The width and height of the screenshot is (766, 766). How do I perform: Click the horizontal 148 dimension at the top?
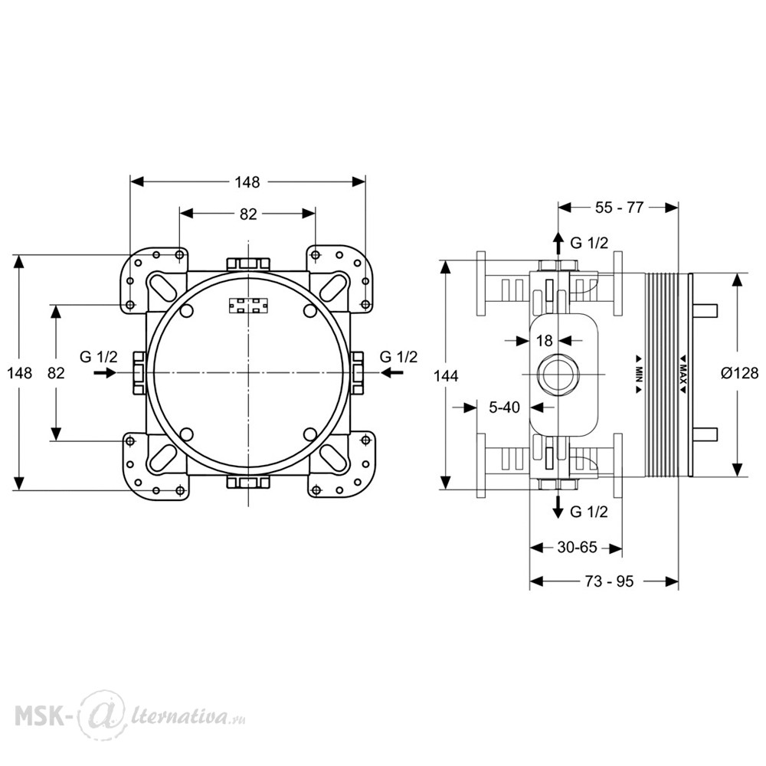(247, 182)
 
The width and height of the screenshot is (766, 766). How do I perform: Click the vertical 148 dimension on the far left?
(20, 373)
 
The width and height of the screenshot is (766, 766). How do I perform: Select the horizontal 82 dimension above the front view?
(248, 214)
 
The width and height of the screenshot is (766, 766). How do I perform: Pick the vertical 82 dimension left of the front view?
(56, 373)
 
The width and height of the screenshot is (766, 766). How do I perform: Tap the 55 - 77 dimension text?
(619, 208)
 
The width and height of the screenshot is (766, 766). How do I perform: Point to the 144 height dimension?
(446, 376)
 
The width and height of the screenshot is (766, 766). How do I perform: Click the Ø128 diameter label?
(740, 373)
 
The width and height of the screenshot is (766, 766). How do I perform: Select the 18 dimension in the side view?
(544, 341)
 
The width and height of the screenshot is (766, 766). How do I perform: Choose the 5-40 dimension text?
(505, 407)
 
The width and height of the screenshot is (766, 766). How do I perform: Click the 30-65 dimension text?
(577, 547)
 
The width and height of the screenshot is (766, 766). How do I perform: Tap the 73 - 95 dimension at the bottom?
(609, 581)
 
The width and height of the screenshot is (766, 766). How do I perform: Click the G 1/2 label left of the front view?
(99, 357)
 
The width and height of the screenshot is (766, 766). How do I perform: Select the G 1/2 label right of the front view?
(398, 357)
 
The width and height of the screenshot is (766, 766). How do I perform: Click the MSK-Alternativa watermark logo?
(130, 716)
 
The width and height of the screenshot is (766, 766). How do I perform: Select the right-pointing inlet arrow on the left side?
(104, 373)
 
